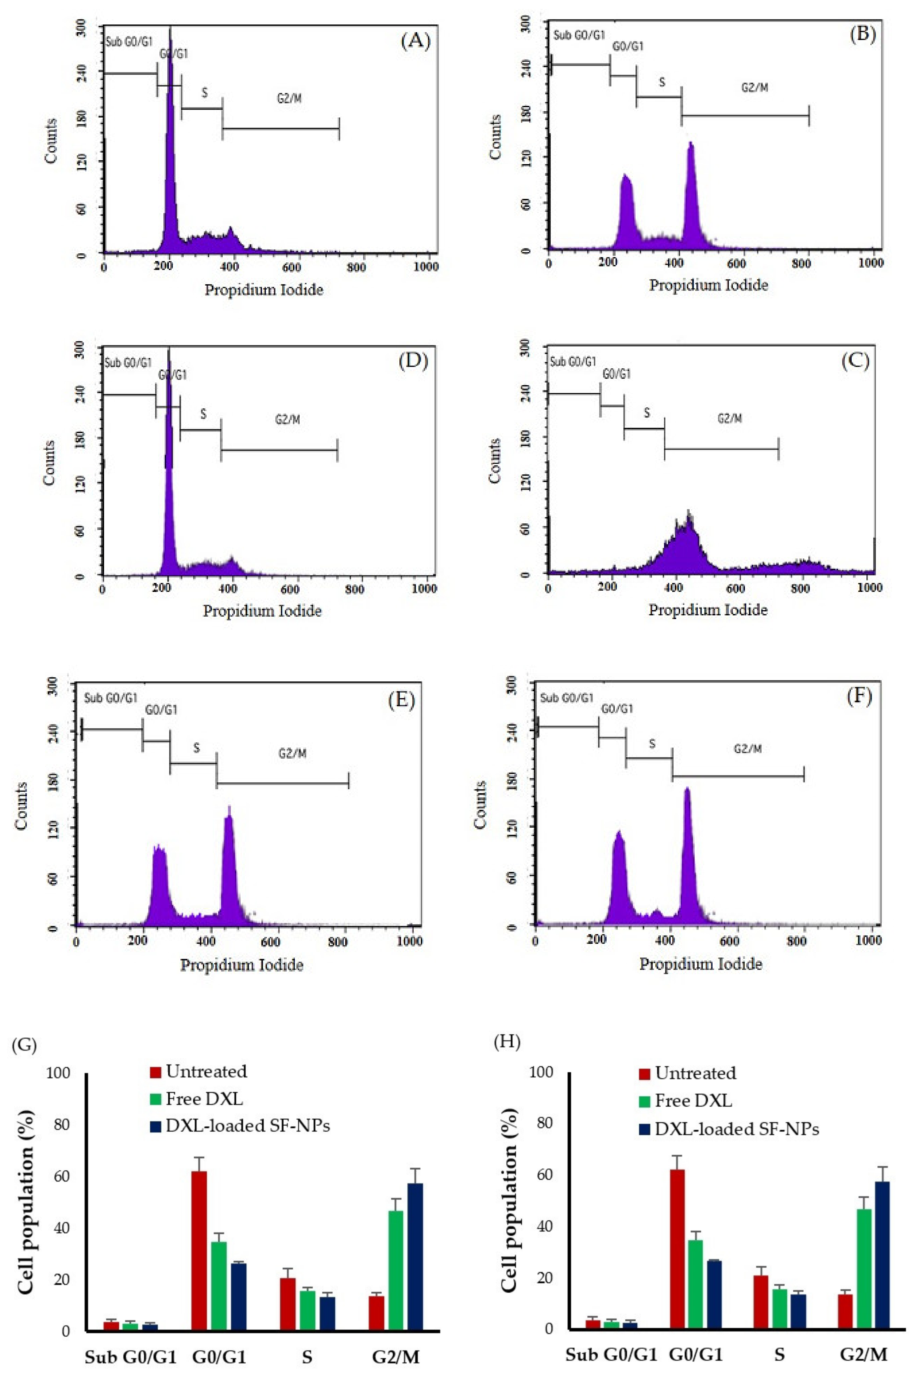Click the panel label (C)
pyautogui.click(x=855, y=361)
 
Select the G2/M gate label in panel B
pyautogui.click(x=754, y=88)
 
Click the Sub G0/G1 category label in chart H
pyautogui.click(x=611, y=1354)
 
